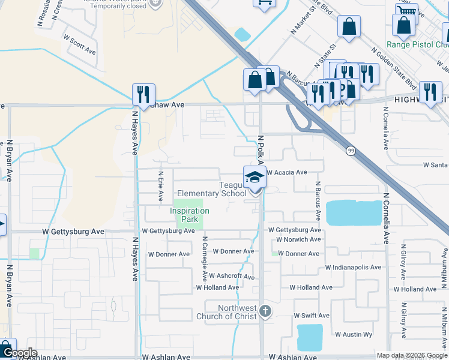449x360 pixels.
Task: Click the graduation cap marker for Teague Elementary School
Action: [255, 178]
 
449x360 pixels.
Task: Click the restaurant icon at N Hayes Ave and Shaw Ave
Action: [143, 95]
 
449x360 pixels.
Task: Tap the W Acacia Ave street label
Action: [287, 172]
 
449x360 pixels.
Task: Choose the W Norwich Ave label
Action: [298, 239]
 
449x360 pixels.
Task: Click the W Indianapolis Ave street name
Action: [353, 267]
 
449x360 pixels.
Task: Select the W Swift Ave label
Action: [311, 316]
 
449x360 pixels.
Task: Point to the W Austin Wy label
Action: [354, 334]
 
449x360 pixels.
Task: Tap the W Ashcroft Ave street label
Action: [232, 277]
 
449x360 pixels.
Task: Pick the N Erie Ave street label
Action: [160, 187]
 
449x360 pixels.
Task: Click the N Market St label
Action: [303, 21]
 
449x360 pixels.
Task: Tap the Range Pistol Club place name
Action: [417, 44]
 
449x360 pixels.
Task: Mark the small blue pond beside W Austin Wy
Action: [310, 337]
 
